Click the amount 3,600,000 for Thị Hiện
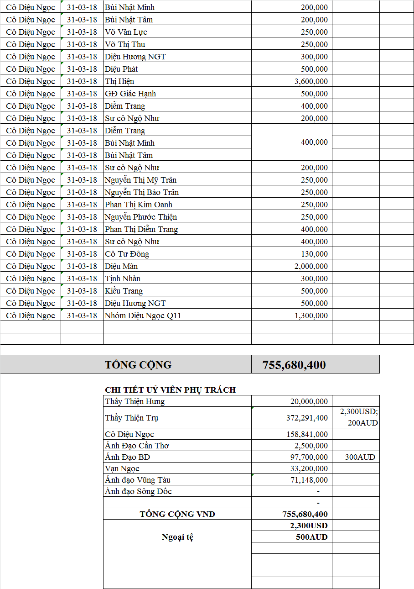tap(311, 81)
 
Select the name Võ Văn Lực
tap(126, 32)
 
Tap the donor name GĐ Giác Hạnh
tap(130, 94)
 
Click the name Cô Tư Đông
tap(127, 254)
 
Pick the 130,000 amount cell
tap(314, 254)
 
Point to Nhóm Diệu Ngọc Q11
tap(143, 316)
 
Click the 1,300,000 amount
tap(311, 316)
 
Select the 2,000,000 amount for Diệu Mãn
tap(311, 266)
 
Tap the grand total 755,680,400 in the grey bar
tap(294, 365)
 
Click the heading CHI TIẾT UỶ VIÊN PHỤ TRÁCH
tap(170, 390)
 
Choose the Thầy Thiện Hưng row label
tap(135, 402)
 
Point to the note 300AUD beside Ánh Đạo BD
tap(360, 457)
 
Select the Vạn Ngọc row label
tap(122, 468)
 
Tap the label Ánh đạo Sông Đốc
tap(138, 491)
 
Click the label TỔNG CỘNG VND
tap(177, 514)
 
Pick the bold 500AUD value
tap(312, 537)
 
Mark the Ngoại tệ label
tap(177, 537)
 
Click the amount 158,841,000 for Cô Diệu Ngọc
tap(307, 434)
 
